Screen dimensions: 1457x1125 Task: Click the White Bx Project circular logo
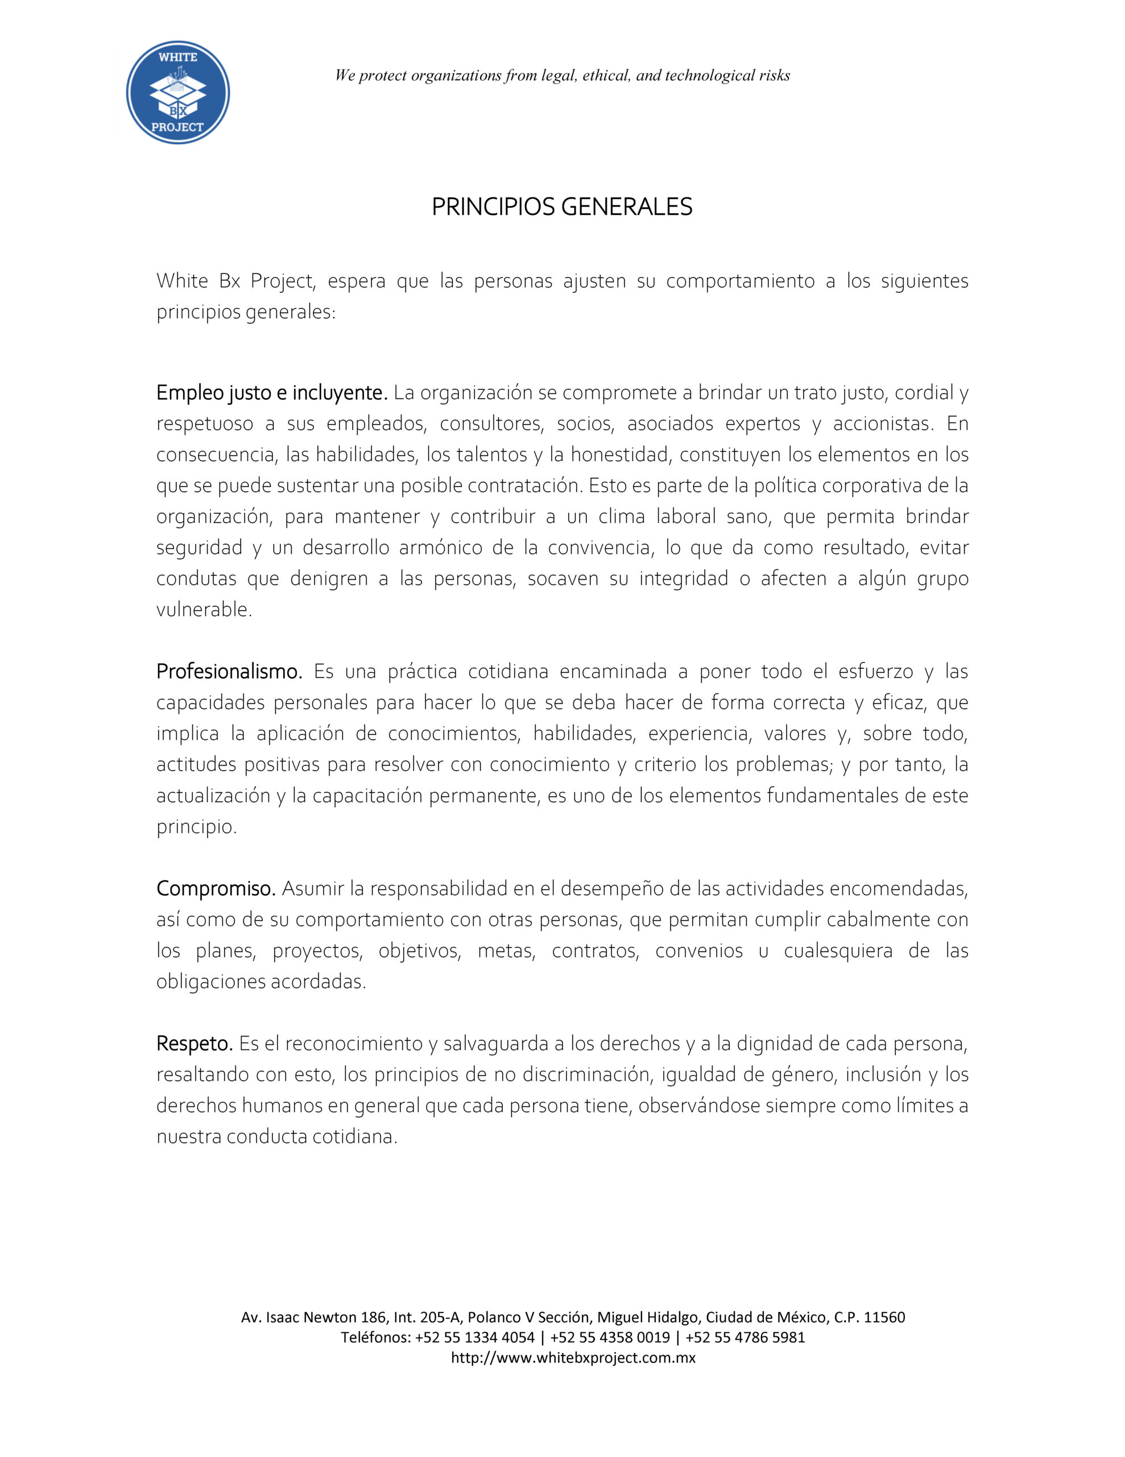178,93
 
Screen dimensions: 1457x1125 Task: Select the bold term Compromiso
216,888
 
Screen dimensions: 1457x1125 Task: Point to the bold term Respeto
194,1043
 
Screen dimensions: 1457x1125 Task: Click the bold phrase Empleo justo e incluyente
271,393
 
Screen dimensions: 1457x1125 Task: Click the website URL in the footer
573,1357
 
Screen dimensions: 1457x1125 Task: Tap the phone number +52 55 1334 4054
474,1337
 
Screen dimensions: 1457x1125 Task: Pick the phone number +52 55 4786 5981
745,1337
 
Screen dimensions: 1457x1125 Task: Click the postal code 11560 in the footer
884,1317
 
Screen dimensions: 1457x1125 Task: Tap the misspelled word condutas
196,578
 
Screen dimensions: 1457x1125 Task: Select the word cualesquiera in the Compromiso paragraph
838,950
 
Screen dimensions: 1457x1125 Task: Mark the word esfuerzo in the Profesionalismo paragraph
875,671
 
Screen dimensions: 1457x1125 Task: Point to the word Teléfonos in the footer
375,1337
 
